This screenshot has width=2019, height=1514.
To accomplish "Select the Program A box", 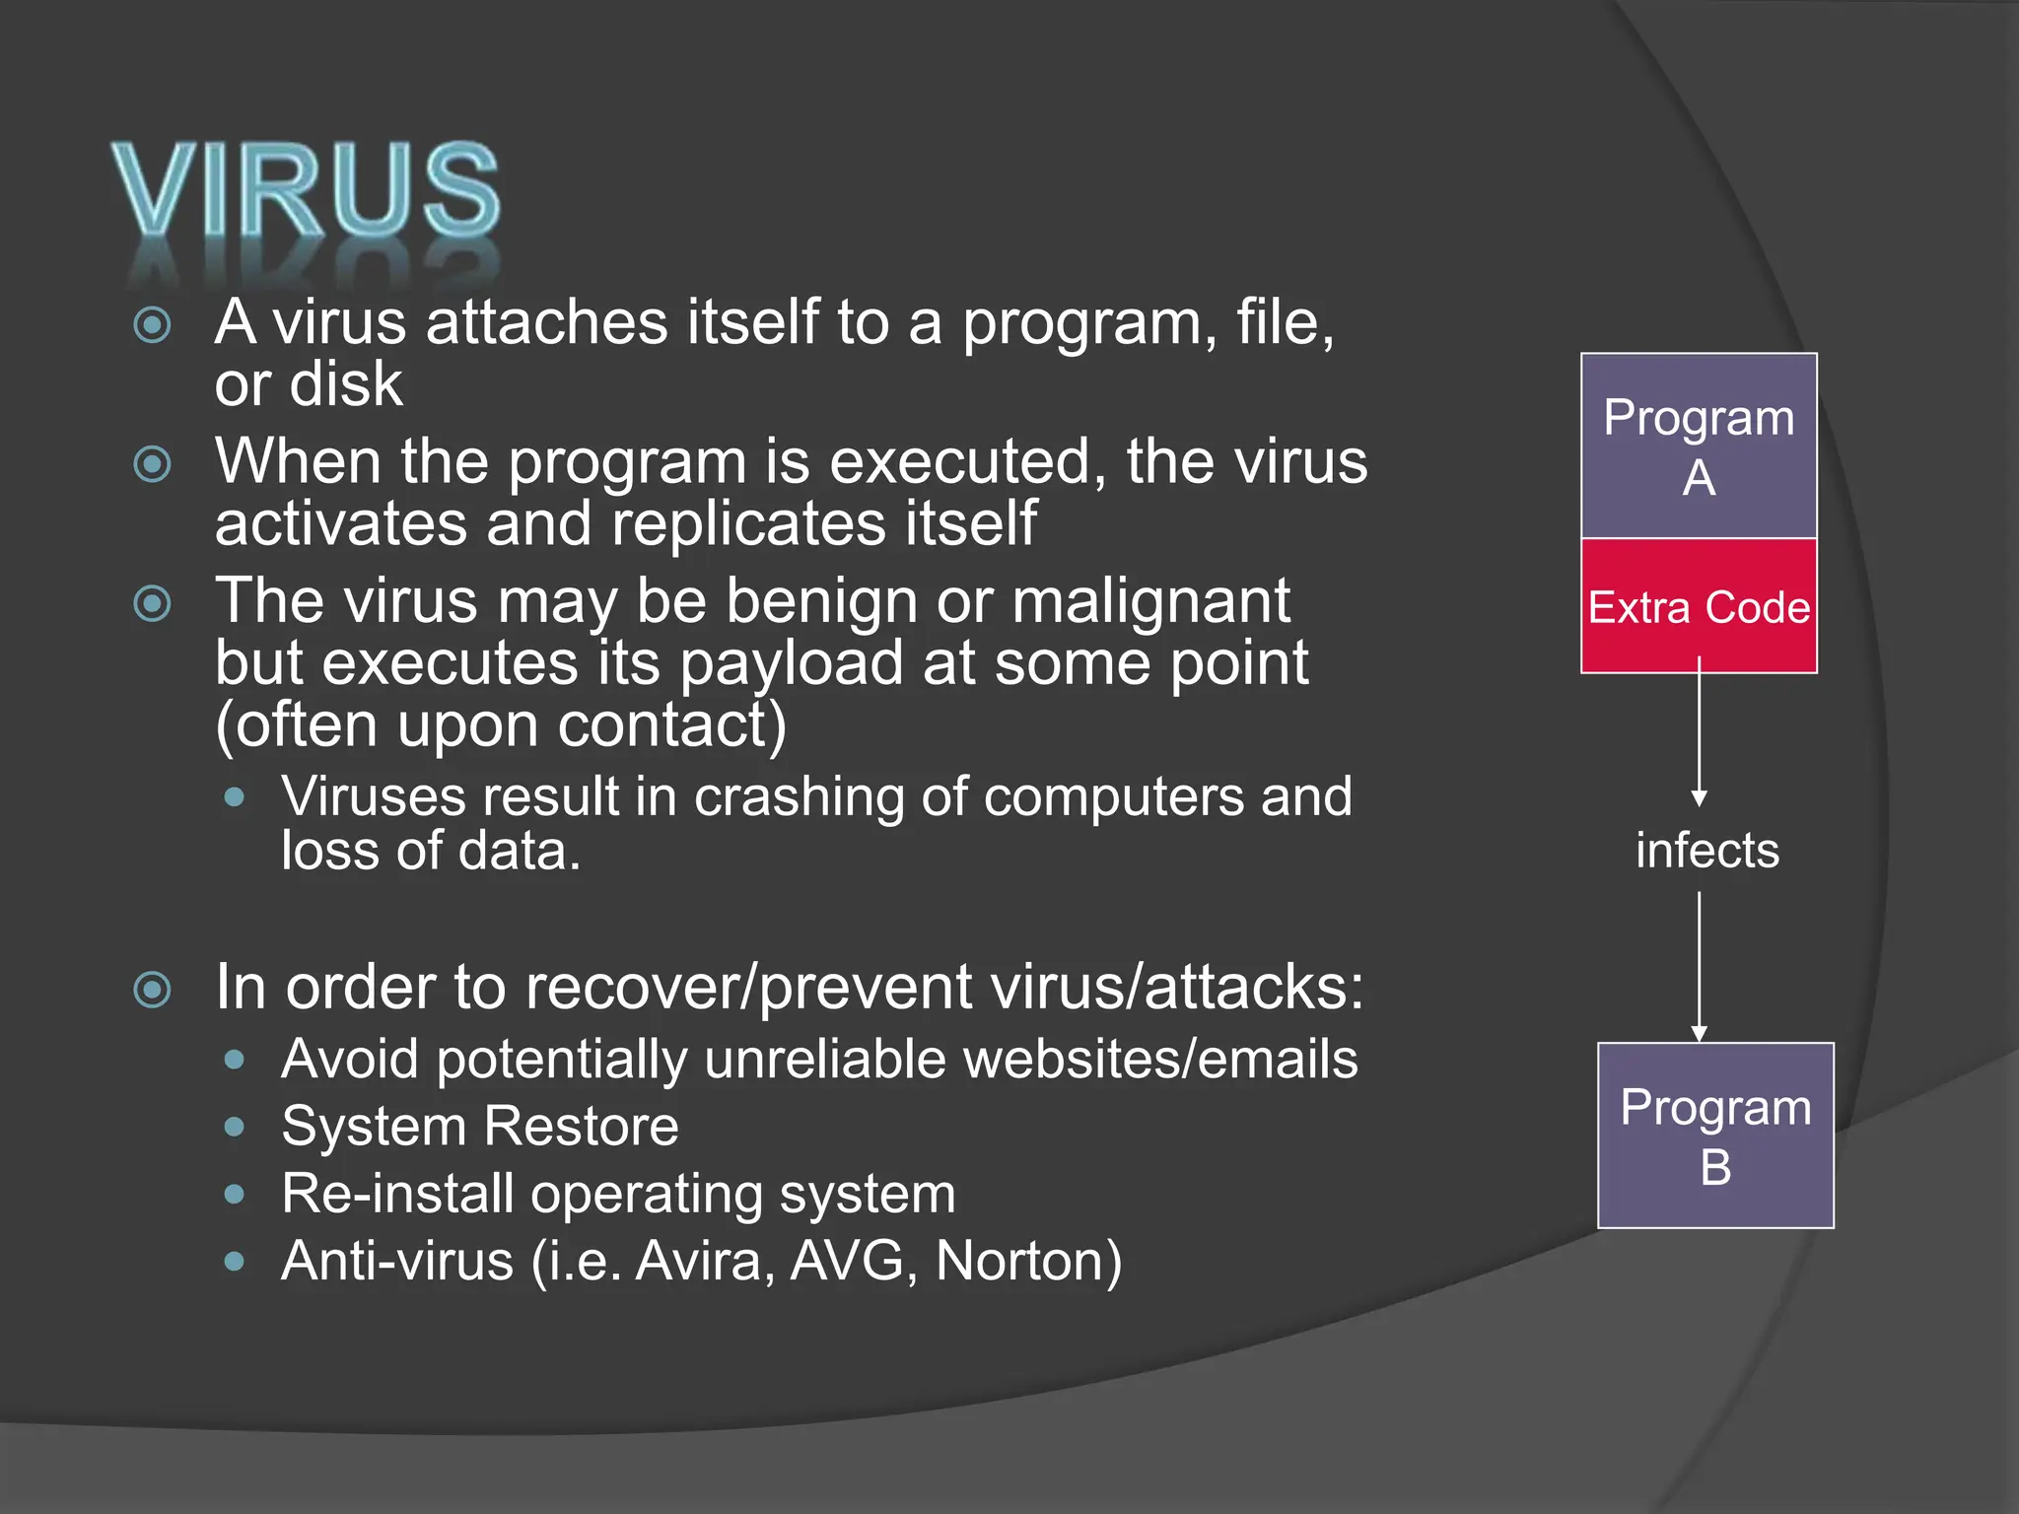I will (x=1699, y=446).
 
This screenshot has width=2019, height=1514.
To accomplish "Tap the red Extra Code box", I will (x=1699, y=606).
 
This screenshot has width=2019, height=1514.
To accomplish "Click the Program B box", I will (x=1715, y=1135).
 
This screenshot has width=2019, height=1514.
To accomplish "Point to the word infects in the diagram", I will (x=1707, y=851).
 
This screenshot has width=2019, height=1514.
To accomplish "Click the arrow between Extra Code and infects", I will (x=1699, y=734).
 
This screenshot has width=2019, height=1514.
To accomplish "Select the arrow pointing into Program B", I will (x=1699, y=966).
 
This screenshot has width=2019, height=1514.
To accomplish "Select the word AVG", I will (x=847, y=1261).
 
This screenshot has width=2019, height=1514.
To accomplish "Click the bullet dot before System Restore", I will (x=234, y=1127).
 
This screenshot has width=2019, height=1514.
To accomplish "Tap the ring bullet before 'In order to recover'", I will (x=153, y=989).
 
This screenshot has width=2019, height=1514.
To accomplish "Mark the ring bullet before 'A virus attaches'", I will (x=153, y=324).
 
